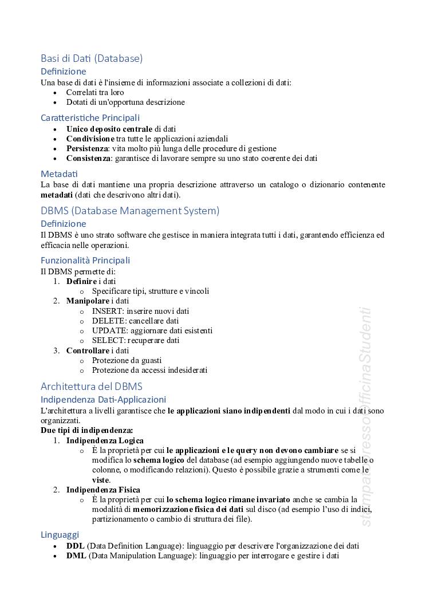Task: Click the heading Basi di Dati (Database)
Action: [92, 58]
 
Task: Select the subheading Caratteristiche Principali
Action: [90, 118]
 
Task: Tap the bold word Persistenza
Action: [87, 148]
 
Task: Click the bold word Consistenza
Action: [88, 158]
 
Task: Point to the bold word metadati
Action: [57, 195]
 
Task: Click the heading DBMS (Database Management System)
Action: [130, 211]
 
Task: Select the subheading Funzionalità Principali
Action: [85, 261]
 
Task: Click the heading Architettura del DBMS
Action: [92, 386]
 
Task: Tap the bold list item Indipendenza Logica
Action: [105, 440]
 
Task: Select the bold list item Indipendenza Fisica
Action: [103, 490]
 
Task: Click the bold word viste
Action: [100, 480]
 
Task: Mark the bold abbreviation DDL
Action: [76, 546]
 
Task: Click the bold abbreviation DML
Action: [76, 555]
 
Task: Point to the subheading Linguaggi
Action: [60, 535]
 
